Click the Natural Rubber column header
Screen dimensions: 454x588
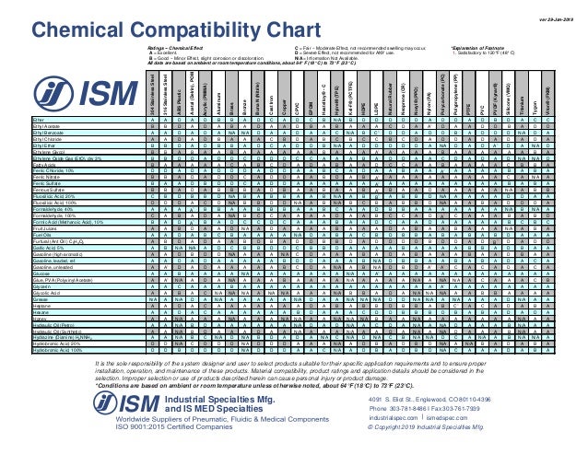379,98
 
